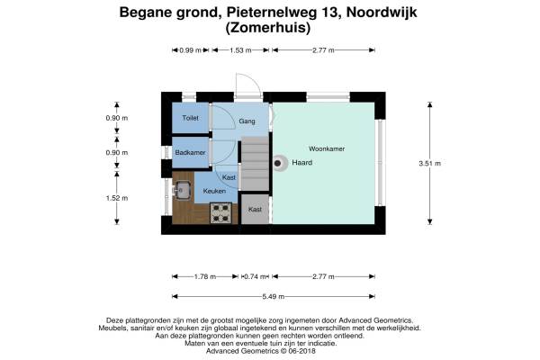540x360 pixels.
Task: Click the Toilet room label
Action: pos(190,118)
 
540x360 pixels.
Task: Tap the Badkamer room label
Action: pos(191,152)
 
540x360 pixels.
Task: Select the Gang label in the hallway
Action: pos(247,119)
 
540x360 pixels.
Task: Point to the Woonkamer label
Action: pos(328,148)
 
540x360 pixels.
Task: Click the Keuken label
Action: pos(214,191)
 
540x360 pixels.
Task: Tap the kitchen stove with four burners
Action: pos(221,212)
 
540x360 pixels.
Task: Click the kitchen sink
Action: pos(182,190)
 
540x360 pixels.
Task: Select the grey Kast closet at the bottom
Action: pos(255,210)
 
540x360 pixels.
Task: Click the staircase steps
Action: pos(255,162)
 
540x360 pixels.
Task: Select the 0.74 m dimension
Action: pos(256,276)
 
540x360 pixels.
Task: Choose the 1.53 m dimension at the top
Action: pos(238,50)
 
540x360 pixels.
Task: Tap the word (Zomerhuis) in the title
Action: pos(269,28)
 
